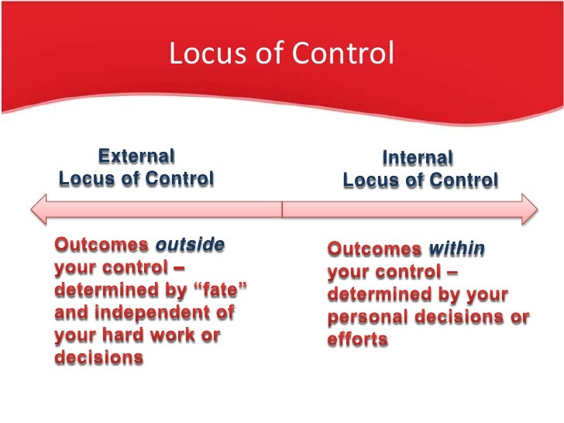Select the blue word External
(x=136, y=156)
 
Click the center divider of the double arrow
(x=282, y=209)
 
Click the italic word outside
(x=190, y=246)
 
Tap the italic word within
(x=456, y=249)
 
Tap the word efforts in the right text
(x=357, y=341)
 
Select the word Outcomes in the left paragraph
(x=101, y=246)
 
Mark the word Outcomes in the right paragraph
(x=374, y=249)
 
